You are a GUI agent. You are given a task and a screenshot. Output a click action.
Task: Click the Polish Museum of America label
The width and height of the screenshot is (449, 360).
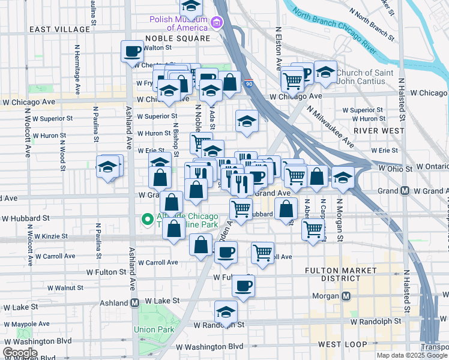tap(179, 23)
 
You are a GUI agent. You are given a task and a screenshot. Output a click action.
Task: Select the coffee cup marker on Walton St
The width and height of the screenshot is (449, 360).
tap(132, 52)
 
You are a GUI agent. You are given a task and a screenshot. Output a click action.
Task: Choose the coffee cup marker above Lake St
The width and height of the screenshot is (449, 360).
tap(243, 286)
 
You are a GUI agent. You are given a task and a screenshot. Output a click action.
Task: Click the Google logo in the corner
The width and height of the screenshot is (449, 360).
tap(20, 353)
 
